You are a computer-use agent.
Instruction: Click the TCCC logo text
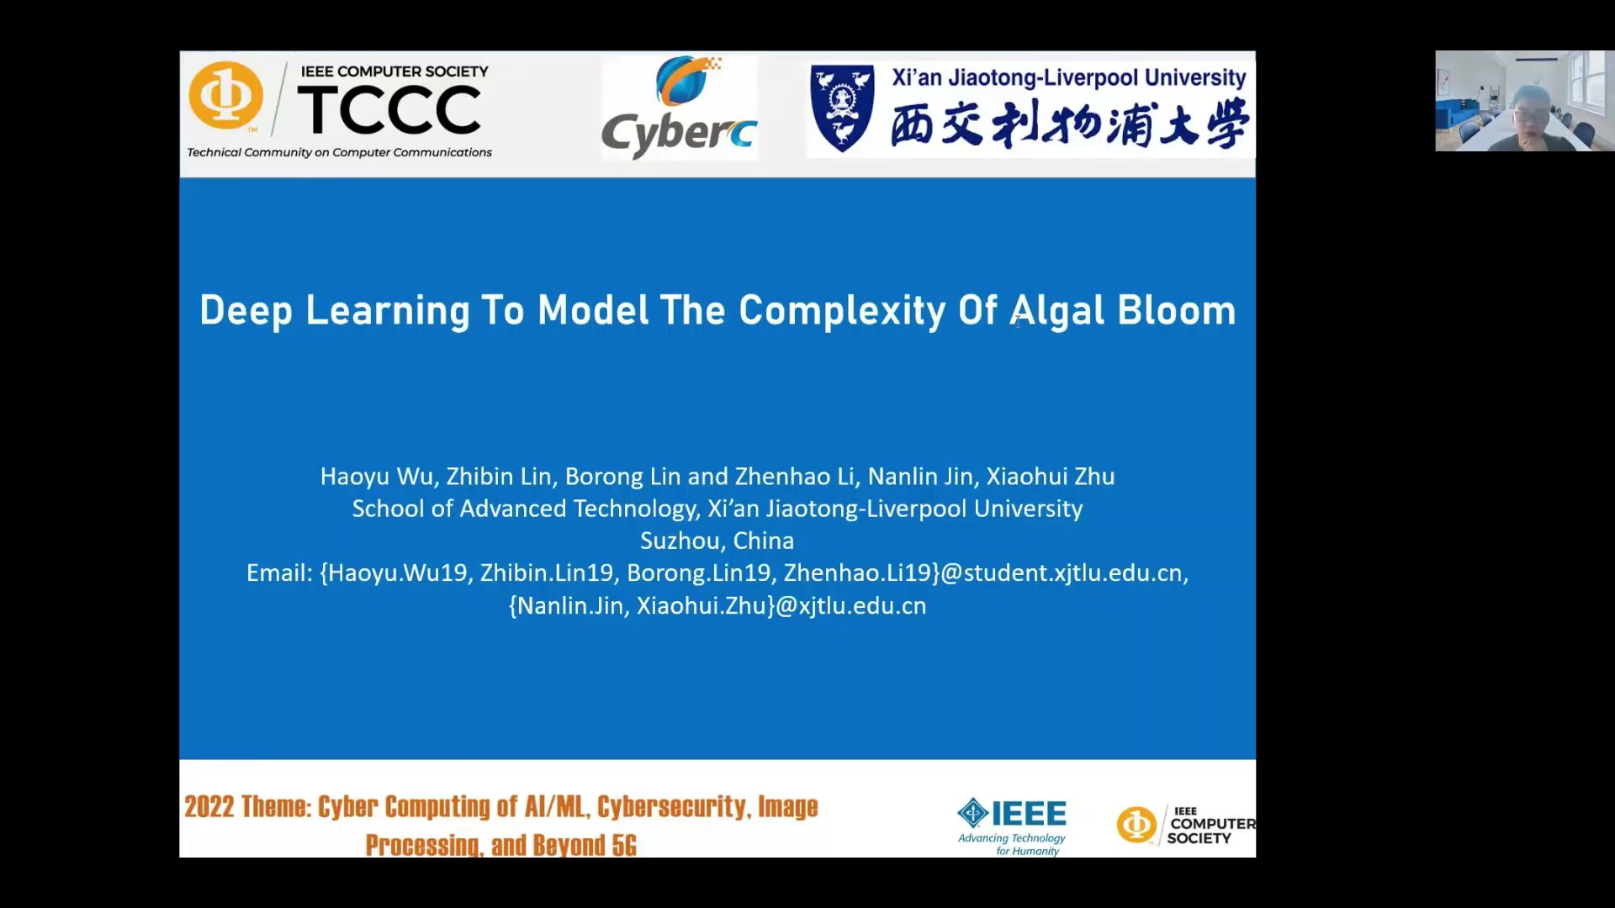tap(389, 110)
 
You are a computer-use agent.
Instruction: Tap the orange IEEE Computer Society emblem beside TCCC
tap(225, 96)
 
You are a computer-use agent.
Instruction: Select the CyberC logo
tap(680, 108)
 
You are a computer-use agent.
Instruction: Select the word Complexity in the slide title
tap(842, 310)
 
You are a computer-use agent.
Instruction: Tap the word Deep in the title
tap(246, 310)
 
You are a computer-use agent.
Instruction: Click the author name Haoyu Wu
tap(376, 477)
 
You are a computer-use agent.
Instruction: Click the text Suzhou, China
tap(717, 541)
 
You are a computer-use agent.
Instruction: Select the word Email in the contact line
tap(278, 573)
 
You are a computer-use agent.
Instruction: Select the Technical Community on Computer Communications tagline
tap(339, 152)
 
